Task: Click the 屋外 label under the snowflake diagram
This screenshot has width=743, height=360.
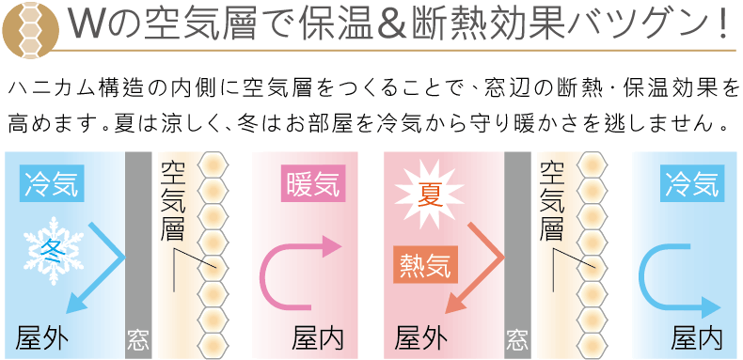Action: point(43,337)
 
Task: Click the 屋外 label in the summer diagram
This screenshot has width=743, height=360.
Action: point(420,337)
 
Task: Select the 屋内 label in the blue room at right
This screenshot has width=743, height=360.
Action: point(697,337)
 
